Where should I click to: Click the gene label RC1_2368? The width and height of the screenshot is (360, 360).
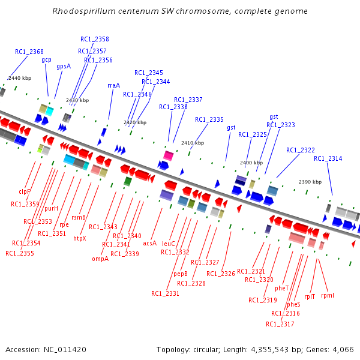(29, 52)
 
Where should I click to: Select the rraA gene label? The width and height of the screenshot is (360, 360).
(113, 85)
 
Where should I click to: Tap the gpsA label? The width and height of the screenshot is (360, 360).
(64, 66)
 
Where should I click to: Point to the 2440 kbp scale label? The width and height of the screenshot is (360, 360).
(19, 78)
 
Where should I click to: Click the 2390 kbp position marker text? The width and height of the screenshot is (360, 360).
(310, 181)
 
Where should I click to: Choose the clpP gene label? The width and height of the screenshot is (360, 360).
(25, 192)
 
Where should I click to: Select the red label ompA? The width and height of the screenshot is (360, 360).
(100, 259)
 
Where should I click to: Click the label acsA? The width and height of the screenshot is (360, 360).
(149, 243)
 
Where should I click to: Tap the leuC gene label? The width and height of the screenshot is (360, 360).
(169, 244)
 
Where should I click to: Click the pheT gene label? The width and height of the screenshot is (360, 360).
(281, 288)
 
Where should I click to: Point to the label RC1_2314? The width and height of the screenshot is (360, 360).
(328, 158)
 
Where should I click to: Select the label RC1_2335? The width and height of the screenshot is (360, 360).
(209, 119)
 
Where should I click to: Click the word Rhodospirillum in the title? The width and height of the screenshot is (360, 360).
(81, 11)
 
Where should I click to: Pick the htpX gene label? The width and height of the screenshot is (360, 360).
(80, 238)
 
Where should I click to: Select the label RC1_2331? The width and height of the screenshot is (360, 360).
(165, 293)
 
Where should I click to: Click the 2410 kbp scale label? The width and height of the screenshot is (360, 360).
(193, 143)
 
